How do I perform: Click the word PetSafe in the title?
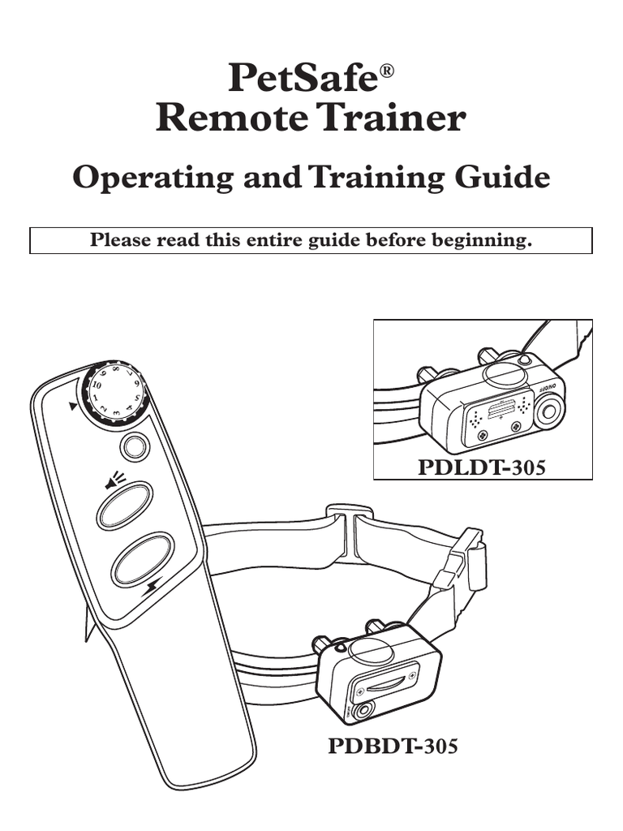[x=303, y=78]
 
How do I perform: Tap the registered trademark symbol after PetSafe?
[x=387, y=71]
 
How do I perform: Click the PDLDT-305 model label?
[x=482, y=467]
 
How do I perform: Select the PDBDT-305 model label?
[x=393, y=746]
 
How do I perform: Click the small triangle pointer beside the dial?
[x=72, y=406]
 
